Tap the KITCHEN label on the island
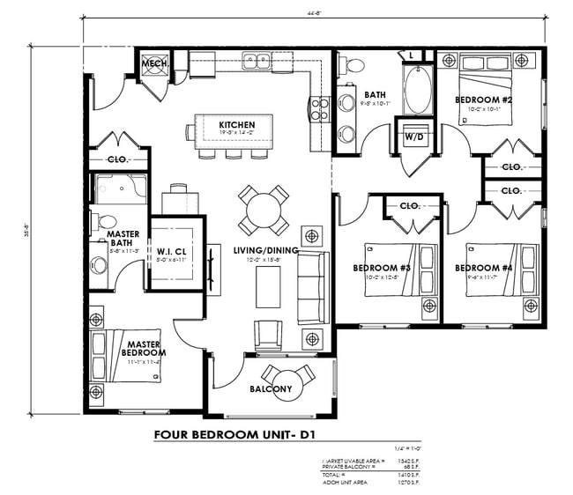click(x=236, y=125)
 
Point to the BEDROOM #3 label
click(x=382, y=268)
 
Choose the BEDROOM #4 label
click(x=483, y=268)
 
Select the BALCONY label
click(x=271, y=388)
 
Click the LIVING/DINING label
click(x=266, y=251)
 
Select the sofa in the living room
click(x=312, y=286)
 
